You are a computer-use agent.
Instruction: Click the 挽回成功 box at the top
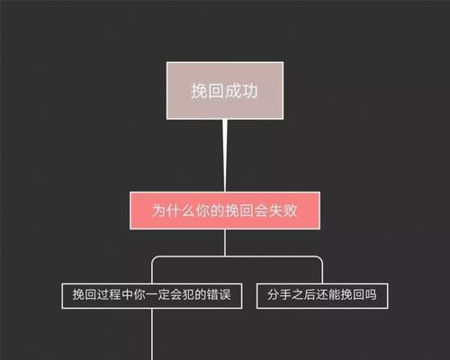point(225,91)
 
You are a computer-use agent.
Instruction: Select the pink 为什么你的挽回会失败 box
point(225,211)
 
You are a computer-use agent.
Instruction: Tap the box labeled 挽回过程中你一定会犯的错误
point(152,295)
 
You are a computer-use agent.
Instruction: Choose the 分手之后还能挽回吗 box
point(322,295)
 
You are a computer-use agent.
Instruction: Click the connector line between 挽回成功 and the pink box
point(225,156)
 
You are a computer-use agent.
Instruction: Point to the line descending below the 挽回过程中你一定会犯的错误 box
point(152,334)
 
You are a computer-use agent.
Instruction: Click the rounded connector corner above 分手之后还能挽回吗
point(320,259)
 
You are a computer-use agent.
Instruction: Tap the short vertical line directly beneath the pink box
point(225,243)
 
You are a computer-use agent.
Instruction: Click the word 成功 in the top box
point(241,91)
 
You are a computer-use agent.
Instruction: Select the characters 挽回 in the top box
point(208,91)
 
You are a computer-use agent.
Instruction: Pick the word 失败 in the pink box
point(283,211)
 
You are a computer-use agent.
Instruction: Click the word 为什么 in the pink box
point(173,211)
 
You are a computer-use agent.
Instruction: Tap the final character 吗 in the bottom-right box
point(371,295)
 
